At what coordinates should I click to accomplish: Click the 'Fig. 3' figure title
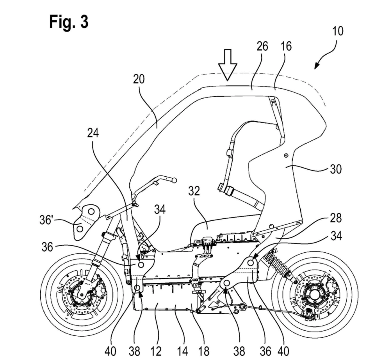69,22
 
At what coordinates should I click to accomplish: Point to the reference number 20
138,80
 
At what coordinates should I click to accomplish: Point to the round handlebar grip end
174,180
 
